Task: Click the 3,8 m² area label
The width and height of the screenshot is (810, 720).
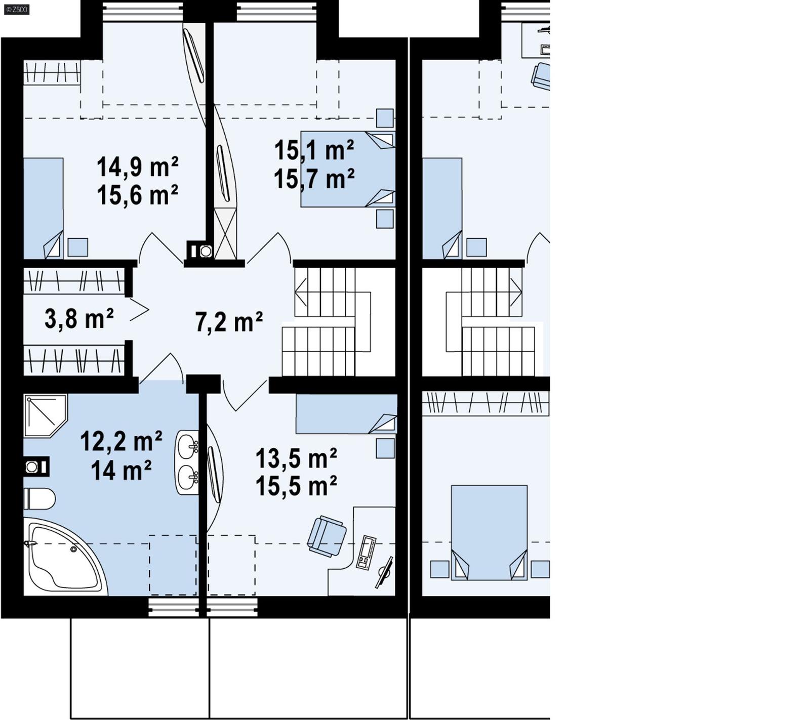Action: [79, 319]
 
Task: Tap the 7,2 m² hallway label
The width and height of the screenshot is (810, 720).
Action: [229, 322]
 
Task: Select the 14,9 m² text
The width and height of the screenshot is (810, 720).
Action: [137, 166]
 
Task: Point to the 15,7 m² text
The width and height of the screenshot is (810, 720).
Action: [314, 179]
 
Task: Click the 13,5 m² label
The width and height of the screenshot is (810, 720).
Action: [296, 458]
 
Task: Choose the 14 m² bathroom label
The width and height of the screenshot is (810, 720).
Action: [121, 471]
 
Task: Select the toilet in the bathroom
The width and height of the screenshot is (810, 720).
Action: [39, 499]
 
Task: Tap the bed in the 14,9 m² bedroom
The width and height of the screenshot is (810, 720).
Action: [43, 207]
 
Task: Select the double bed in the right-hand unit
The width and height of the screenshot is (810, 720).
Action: [489, 531]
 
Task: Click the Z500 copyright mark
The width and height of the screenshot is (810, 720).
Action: [16, 9]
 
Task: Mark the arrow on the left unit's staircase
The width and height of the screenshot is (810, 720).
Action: [301, 292]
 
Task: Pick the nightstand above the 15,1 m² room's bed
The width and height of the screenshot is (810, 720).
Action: [385, 118]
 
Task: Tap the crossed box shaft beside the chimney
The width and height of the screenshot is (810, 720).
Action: [225, 233]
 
